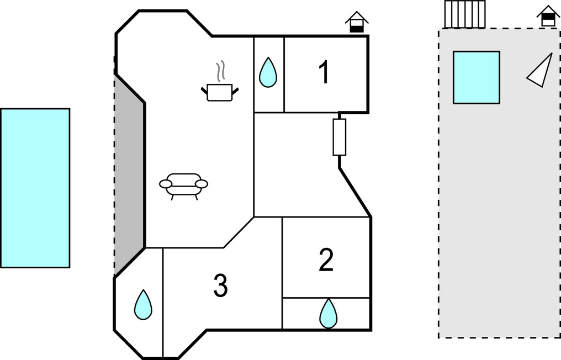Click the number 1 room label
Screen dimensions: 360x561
click(324, 73)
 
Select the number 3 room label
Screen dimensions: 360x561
click(220, 286)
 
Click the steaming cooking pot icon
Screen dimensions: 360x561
click(220, 92)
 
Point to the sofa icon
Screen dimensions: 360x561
click(183, 185)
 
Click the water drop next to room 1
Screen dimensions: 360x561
click(268, 72)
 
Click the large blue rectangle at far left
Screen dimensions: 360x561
click(35, 188)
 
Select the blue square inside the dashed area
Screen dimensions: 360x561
click(476, 77)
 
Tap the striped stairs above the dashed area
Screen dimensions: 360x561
click(465, 14)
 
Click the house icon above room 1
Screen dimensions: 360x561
click(357, 22)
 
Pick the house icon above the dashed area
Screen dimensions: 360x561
click(548, 16)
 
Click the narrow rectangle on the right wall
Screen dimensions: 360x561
click(339, 136)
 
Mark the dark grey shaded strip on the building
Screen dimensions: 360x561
click(129, 177)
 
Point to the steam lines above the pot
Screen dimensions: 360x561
click(220, 70)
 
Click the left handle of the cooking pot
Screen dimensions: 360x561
click(204, 88)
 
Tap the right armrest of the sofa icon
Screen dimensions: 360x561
click(203, 183)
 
